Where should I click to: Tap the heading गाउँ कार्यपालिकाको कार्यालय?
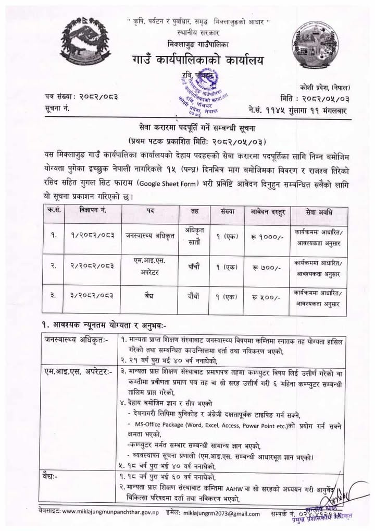pos(197,61)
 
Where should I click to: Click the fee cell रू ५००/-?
pos(266,297)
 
